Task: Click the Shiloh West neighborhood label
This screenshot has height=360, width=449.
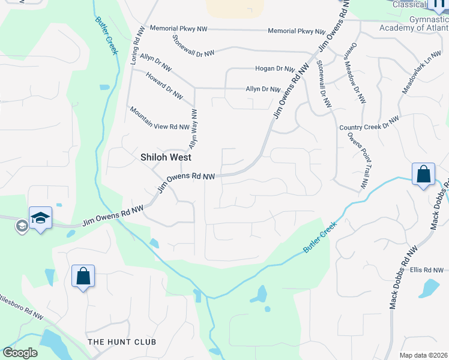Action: pos(166,157)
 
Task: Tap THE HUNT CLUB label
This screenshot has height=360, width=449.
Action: pos(122,342)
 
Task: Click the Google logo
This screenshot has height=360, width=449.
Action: pos(20,353)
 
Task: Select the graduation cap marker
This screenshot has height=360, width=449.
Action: pos(40,218)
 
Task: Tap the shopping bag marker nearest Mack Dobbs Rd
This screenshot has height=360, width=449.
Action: pos(423,175)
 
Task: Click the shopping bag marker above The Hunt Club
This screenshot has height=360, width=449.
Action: pos(83,277)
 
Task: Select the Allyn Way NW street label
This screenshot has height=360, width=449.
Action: pos(193,129)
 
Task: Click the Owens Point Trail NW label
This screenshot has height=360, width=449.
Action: pos(359,164)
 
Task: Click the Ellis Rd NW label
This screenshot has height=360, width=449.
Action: pos(426,270)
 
